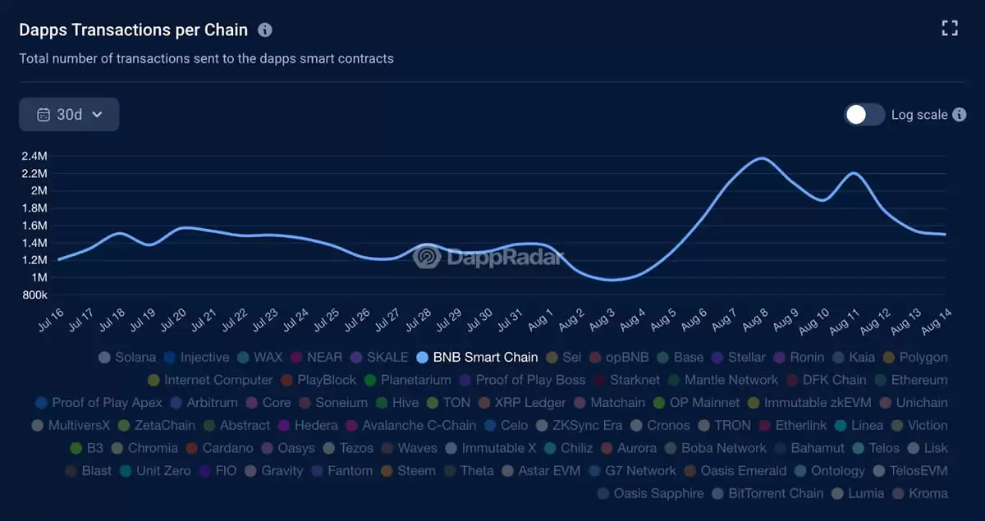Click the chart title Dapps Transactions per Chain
click(133, 30)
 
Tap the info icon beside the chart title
click(264, 30)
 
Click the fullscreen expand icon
click(950, 29)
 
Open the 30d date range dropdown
click(69, 115)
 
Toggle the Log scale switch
click(864, 115)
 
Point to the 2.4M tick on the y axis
click(34, 156)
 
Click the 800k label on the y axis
click(34, 295)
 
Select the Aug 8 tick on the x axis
click(755, 319)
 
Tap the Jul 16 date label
click(51, 319)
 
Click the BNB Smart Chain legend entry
click(484, 358)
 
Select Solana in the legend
click(135, 358)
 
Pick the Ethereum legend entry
click(919, 381)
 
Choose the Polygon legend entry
click(923, 358)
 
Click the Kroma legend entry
click(928, 494)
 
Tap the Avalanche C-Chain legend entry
click(419, 426)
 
